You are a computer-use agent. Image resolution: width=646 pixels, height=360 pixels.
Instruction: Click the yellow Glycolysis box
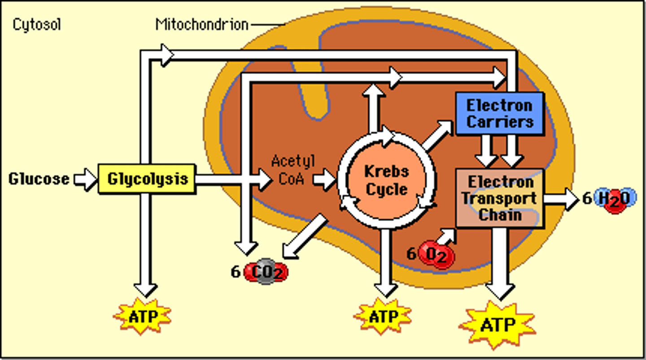tap(147, 179)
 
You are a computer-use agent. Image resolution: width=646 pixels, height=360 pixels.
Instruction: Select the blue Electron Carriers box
tap(499, 114)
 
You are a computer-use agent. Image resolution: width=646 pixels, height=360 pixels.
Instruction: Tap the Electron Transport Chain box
tap(499, 198)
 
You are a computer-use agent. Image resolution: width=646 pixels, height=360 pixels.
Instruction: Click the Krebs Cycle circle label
tap(386, 180)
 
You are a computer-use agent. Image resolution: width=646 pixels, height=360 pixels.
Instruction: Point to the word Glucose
tap(39, 179)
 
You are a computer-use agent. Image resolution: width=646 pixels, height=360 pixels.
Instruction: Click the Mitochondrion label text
tap(201, 24)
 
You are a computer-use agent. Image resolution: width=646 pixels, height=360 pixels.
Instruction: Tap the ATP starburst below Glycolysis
tap(143, 317)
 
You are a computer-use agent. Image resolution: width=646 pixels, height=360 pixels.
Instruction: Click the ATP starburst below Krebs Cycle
tap(383, 317)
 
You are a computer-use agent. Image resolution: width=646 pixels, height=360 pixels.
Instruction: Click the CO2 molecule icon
tap(266, 272)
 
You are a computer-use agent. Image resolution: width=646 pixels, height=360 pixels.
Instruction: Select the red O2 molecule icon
tap(436, 255)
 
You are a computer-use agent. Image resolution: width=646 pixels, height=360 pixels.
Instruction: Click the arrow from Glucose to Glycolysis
tap(85, 179)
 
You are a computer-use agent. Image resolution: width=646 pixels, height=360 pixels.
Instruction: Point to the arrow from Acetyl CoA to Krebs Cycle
tap(324, 180)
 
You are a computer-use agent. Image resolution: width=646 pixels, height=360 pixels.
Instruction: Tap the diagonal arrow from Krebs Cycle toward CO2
tap(306, 238)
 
